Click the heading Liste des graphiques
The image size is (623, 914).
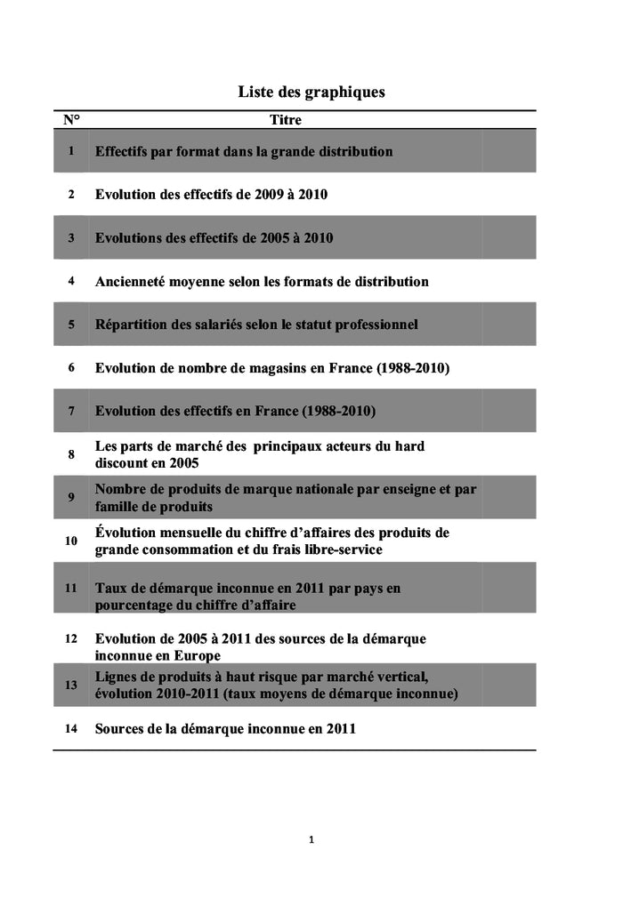[311, 92]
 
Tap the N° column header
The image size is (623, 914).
[70, 120]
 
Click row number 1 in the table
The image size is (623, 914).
[71, 151]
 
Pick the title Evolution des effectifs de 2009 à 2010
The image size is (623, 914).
[211, 195]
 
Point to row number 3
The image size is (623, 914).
[71, 238]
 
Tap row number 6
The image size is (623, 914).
[71, 368]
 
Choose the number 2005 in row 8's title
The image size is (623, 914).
[182, 463]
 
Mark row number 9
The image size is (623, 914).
[71, 498]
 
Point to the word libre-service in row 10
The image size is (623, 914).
[341, 550]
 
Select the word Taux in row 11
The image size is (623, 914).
[111, 589]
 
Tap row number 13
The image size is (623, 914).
[71, 685]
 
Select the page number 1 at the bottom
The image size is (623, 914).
[311, 839]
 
